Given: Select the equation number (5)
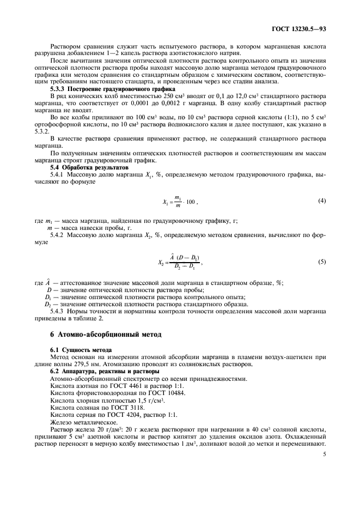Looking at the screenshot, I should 322,262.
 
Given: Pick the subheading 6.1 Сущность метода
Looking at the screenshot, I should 81,349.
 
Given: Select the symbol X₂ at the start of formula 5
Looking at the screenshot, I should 161,262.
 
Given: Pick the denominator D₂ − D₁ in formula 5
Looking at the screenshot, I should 186,266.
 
